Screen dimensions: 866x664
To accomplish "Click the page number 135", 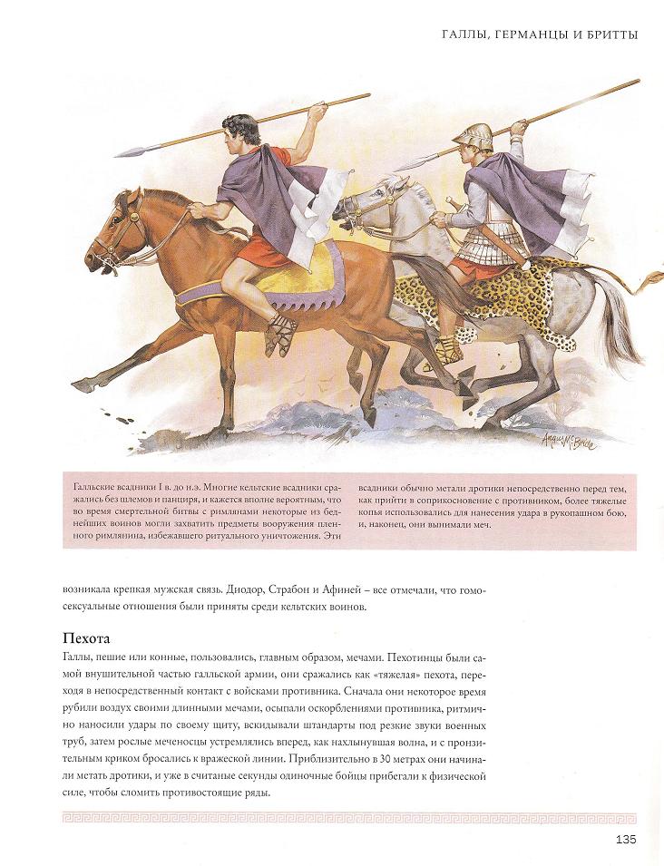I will pyautogui.click(x=624, y=839).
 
